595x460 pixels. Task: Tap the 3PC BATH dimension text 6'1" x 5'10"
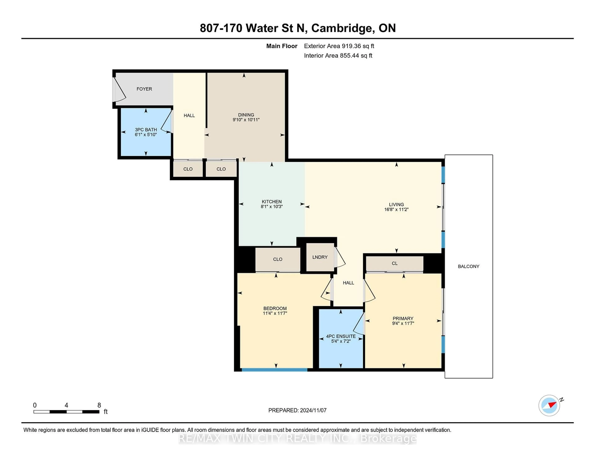[x=146, y=135]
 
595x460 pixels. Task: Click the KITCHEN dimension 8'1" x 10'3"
[x=272, y=207]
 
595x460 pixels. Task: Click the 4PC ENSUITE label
[x=341, y=336]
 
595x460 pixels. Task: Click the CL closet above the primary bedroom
[x=394, y=263]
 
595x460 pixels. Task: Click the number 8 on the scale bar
[x=99, y=405]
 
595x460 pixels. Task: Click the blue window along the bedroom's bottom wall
[x=274, y=370]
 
